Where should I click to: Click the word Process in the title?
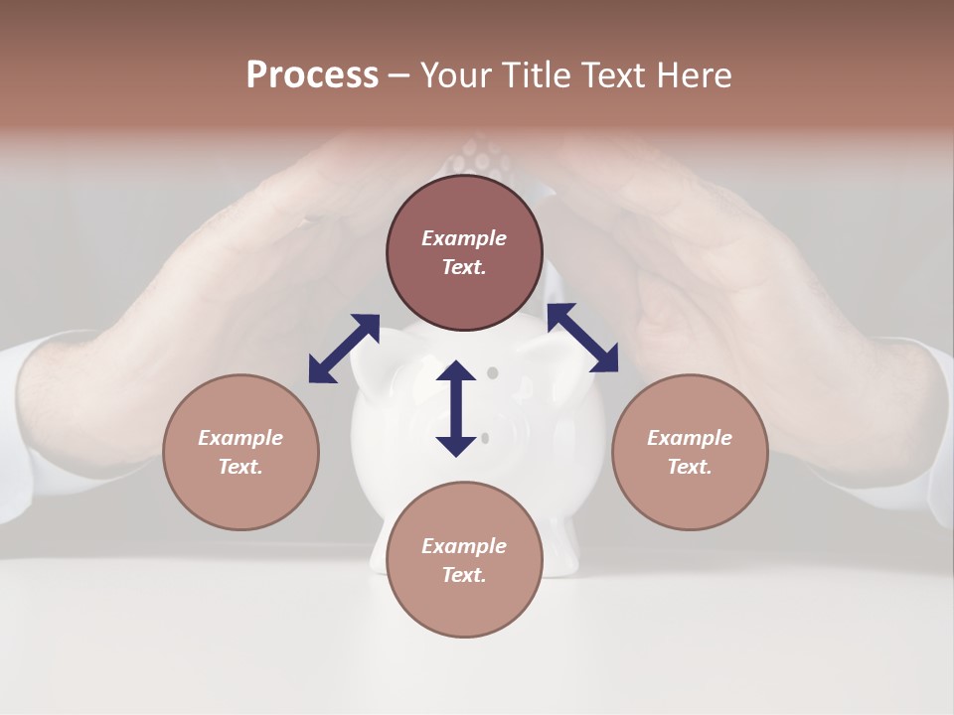[312, 75]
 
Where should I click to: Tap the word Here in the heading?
[692, 75]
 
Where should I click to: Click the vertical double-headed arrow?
[456, 408]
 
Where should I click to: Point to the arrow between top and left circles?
[344, 348]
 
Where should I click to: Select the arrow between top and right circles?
[583, 338]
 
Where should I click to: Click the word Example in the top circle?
[464, 238]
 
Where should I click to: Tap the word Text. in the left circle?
[240, 467]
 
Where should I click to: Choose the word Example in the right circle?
[690, 438]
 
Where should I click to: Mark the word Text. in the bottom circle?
[464, 575]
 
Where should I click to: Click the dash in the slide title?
[398, 76]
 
